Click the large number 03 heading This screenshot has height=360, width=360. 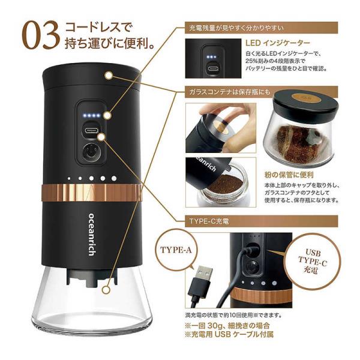(41, 35)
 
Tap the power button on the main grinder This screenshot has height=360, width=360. (91, 152)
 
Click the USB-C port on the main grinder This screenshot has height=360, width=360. (92, 131)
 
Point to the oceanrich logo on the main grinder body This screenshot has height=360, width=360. (92, 235)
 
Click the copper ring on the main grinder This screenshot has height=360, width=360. (91, 193)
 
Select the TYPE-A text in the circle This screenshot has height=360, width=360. (176, 250)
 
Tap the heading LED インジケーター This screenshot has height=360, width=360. (278, 43)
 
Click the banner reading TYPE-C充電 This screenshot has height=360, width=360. (261, 221)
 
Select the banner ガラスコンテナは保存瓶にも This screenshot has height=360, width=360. (261, 92)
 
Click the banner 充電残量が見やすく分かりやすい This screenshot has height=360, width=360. (261, 28)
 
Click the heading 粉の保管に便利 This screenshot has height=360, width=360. (289, 175)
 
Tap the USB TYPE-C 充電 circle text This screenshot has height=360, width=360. (313, 261)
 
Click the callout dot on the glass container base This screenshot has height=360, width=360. (106, 290)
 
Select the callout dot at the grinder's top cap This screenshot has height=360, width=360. (109, 76)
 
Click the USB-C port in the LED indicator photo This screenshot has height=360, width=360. (214, 68)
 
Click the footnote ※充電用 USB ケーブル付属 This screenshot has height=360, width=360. (229, 334)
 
